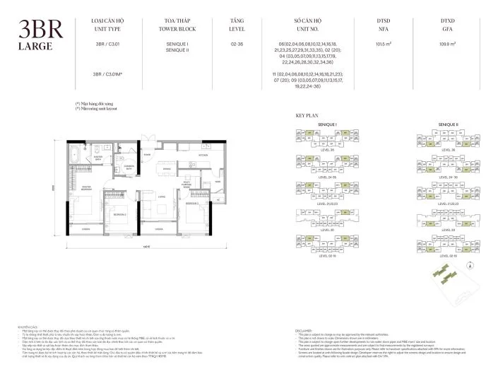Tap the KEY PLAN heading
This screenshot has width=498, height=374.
306,115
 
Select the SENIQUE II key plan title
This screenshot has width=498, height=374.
448,124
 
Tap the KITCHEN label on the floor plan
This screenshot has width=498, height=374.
203,153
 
